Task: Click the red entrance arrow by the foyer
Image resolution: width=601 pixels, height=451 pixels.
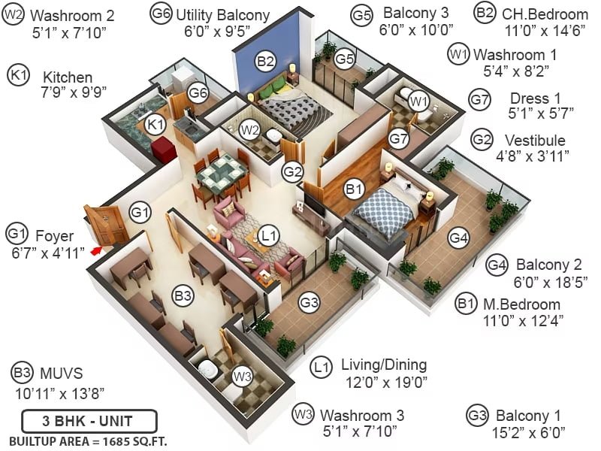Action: [x=97, y=250]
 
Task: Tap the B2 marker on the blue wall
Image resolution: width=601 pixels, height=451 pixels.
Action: [x=266, y=61]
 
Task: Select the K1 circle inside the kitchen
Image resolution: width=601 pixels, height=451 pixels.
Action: [x=156, y=124]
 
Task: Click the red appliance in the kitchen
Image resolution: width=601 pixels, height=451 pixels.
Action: [x=163, y=148]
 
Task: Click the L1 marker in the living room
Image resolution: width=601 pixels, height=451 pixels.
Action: [x=268, y=235]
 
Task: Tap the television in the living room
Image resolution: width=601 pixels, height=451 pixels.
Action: [x=314, y=203]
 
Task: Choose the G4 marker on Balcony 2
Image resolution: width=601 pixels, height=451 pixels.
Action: [x=458, y=238]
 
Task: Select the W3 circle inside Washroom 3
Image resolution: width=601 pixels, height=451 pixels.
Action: [x=243, y=377]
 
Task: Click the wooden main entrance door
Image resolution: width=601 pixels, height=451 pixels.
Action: [x=105, y=225]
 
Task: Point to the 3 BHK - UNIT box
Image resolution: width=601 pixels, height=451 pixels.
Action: [x=89, y=421]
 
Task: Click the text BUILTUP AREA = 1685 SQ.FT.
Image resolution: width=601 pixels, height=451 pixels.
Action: [x=88, y=441]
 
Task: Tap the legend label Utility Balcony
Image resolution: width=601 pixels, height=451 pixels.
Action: [x=222, y=15]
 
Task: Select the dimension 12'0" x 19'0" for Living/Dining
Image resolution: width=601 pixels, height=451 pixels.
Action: [x=386, y=383]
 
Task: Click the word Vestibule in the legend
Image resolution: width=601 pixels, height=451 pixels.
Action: [x=535, y=141]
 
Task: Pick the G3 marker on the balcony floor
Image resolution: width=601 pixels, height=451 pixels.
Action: [x=310, y=303]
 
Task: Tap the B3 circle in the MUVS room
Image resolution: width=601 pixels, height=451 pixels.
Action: [x=183, y=296]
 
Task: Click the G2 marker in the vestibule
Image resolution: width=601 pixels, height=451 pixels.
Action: [x=292, y=171]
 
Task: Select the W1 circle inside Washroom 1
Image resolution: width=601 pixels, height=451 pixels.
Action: [x=418, y=101]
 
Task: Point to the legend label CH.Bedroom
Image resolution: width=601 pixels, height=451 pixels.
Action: [x=545, y=14]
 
